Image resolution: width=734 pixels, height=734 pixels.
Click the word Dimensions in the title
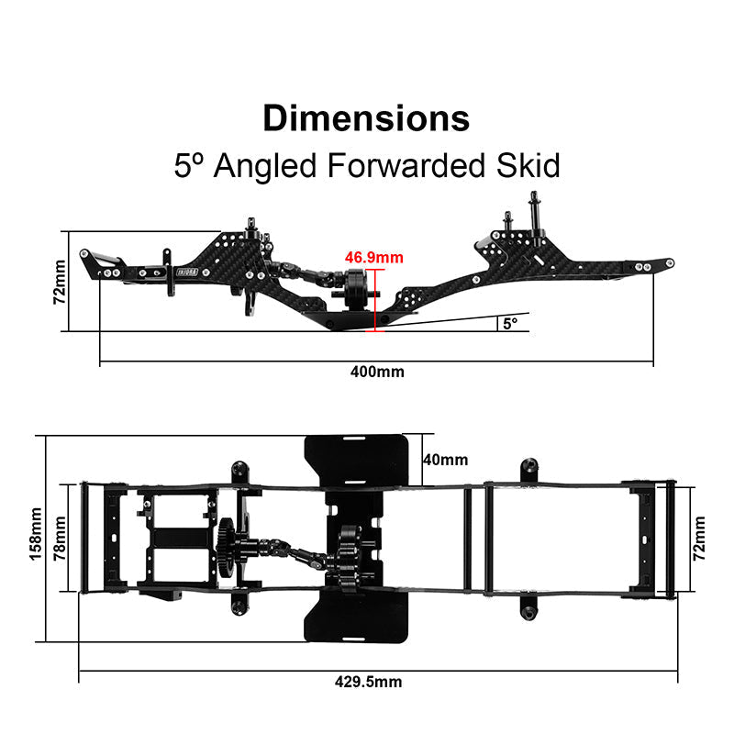(x=366, y=118)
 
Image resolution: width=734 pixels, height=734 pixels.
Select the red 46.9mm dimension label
(x=373, y=258)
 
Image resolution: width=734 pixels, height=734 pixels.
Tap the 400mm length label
(x=376, y=372)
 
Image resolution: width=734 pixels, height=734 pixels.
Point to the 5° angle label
(x=510, y=323)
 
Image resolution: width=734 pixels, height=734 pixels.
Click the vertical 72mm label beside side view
(x=60, y=281)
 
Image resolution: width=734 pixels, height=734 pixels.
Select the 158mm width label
(x=36, y=537)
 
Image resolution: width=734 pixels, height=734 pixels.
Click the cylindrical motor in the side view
(x=356, y=289)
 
